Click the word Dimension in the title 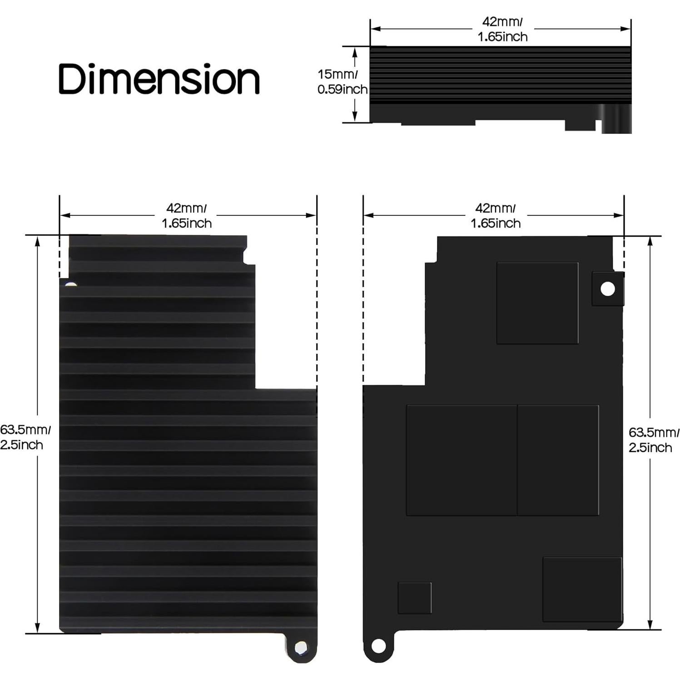coord(159,79)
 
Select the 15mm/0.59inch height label coord(342,81)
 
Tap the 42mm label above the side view coord(502,29)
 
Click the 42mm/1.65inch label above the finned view coord(187,215)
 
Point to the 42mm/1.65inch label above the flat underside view coord(496,215)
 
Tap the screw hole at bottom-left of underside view coord(378,645)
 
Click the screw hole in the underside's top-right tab coord(607,289)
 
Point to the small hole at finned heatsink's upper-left coord(71,285)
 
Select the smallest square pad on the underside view coord(414,598)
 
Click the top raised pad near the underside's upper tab coord(537,303)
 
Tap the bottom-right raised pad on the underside coord(582,589)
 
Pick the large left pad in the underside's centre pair coord(461,460)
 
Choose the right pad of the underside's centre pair coord(558,460)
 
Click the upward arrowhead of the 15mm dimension coord(355,51)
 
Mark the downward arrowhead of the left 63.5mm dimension coord(38,627)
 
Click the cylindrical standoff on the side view coord(616,119)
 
